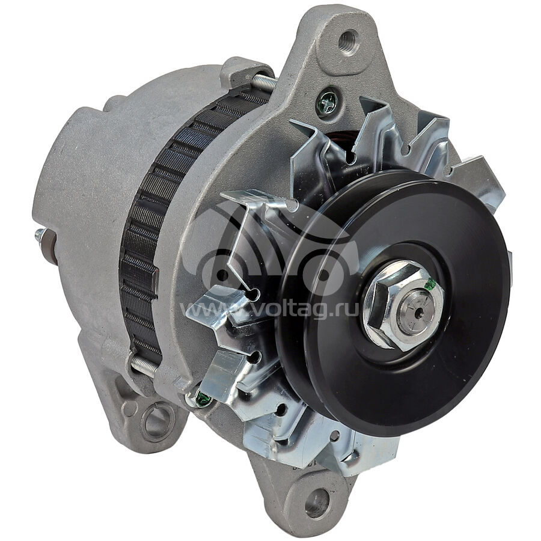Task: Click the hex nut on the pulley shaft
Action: pyautogui.click(x=402, y=305)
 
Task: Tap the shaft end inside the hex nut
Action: pyautogui.click(x=418, y=309)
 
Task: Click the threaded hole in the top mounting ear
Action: pyautogui.click(x=349, y=41)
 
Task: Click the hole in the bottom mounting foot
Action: pyautogui.click(x=317, y=502)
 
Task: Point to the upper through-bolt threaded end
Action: pyautogui.click(x=264, y=82)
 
